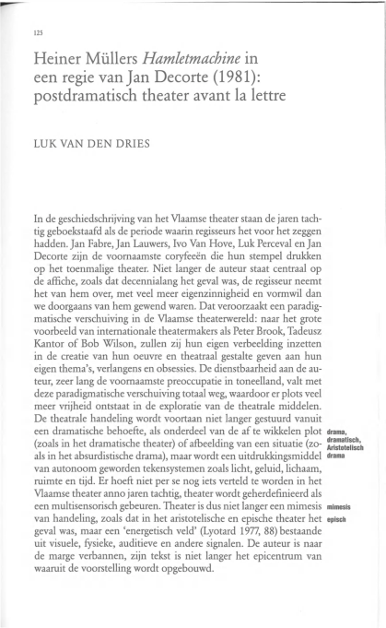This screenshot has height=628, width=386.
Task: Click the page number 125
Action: coord(37,31)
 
